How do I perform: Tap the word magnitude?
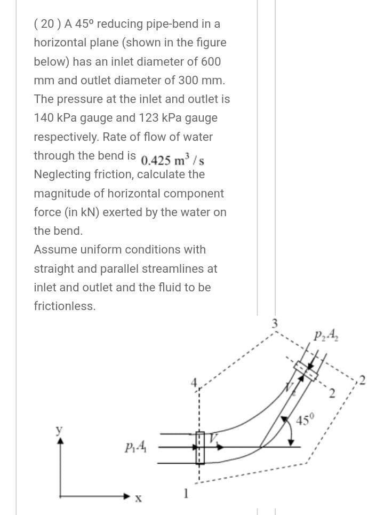coord(61,193)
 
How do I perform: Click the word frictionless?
coord(65,306)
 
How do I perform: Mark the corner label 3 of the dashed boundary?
coord(276,322)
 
